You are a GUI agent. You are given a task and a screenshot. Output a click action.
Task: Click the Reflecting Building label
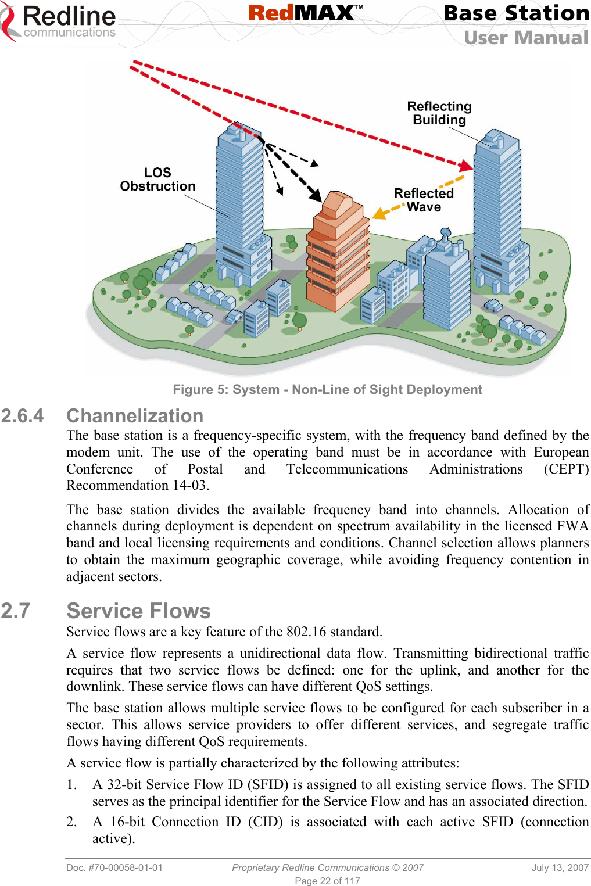tap(439, 113)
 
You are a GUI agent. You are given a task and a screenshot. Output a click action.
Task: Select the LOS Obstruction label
tap(157, 180)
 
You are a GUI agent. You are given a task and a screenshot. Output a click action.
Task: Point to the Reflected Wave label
tap(424, 200)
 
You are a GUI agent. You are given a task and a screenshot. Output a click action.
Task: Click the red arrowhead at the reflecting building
tap(465, 164)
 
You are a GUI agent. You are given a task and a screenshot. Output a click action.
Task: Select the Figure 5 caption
tap(327, 389)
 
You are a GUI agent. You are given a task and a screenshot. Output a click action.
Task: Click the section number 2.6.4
tap(22, 416)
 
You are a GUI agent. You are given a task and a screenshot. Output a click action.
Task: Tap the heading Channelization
tap(135, 416)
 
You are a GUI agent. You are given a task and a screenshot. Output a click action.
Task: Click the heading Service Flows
tap(138, 611)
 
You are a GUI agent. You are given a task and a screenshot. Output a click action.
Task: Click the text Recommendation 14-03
tap(137, 485)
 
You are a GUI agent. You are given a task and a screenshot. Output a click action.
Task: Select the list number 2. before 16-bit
tap(71, 822)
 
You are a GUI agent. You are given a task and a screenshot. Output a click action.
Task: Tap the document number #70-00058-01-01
tap(114, 867)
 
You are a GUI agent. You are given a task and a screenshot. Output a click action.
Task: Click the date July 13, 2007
tap(560, 867)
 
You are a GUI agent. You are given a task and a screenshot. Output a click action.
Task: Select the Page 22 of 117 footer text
tap(327, 881)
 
